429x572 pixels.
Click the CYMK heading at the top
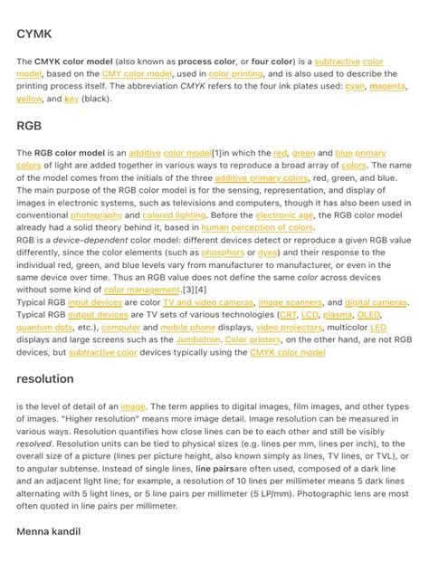[35, 35]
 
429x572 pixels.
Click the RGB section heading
[29, 127]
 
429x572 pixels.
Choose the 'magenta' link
[386, 86]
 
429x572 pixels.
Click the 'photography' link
[96, 215]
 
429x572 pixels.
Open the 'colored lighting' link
[174, 215]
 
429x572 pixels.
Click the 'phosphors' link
[223, 253]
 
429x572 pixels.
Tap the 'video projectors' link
[288, 327]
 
